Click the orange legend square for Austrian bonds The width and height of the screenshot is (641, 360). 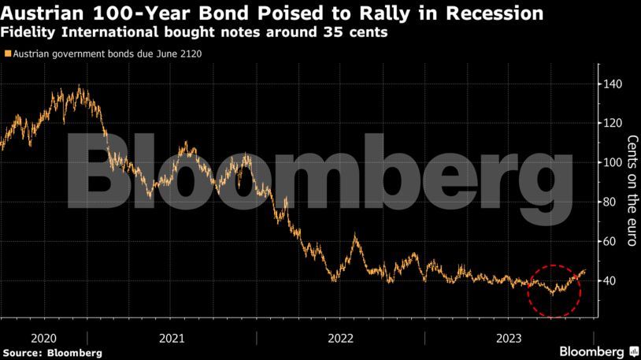pyautogui.click(x=7, y=54)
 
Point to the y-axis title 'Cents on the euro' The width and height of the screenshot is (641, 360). pyautogui.click(x=631, y=190)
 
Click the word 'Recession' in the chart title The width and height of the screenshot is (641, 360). pyautogui.click(x=493, y=13)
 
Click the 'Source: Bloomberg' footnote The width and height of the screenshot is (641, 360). pyautogui.click(x=53, y=352)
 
